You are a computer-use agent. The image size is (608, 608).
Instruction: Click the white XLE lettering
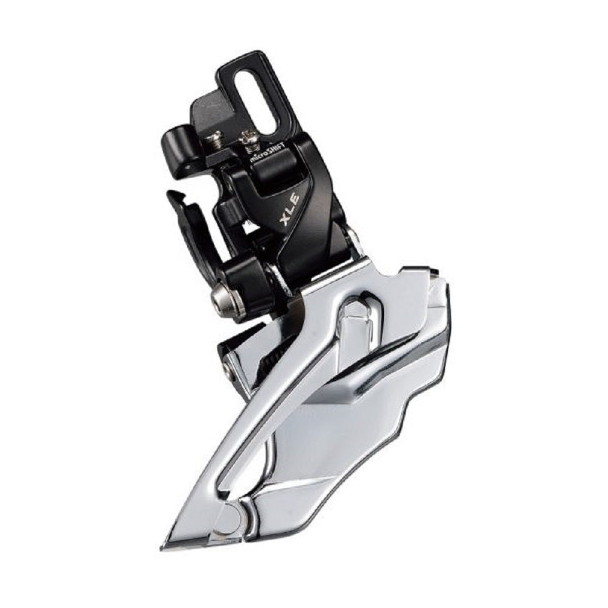tap(289, 210)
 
